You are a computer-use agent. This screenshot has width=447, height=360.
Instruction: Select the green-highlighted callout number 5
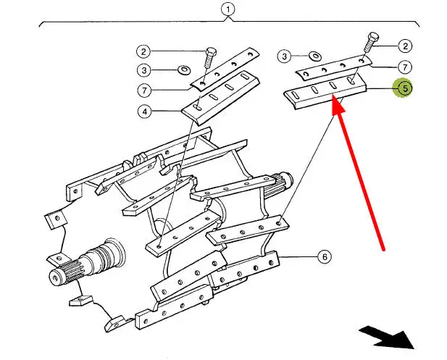[x=404, y=88]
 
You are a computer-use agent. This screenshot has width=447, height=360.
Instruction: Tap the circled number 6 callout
[x=324, y=256]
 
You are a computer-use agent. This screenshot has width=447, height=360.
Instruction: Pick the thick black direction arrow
[x=387, y=337]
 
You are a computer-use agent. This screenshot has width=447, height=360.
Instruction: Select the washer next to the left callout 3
[x=184, y=70]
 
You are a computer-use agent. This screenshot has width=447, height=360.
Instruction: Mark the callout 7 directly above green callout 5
[x=404, y=67]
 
